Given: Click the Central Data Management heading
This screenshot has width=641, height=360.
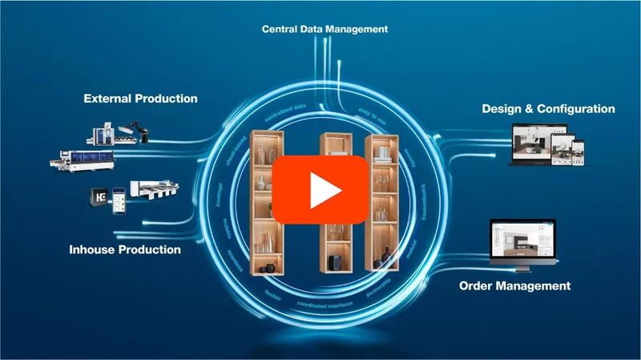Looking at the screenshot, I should [x=325, y=29].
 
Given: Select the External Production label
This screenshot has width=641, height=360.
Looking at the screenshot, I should [x=140, y=99].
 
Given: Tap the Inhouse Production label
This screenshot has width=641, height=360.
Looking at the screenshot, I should [x=123, y=250].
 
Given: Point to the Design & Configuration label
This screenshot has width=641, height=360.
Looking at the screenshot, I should [x=548, y=108].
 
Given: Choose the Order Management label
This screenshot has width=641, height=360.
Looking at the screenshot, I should [x=514, y=285].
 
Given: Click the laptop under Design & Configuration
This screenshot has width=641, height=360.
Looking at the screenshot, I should [x=531, y=146].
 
